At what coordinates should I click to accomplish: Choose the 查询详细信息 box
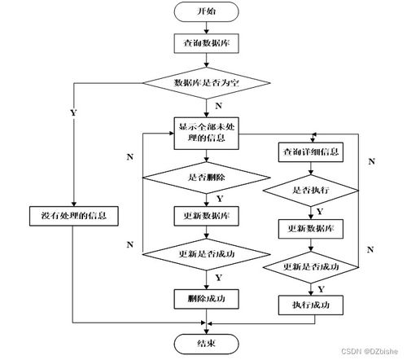pyautogui.click(x=311, y=151)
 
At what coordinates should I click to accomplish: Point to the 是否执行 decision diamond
pyautogui.click(x=312, y=189)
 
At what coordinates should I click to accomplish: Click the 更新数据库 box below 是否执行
pyautogui.click(x=312, y=227)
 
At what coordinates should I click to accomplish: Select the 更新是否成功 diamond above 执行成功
pyautogui.click(x=312, y=266)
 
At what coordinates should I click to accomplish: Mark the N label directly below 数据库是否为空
pyautogui.click(x=218, y=106)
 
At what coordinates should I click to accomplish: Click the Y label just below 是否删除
pyautogui.click(x=218, y=197)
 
